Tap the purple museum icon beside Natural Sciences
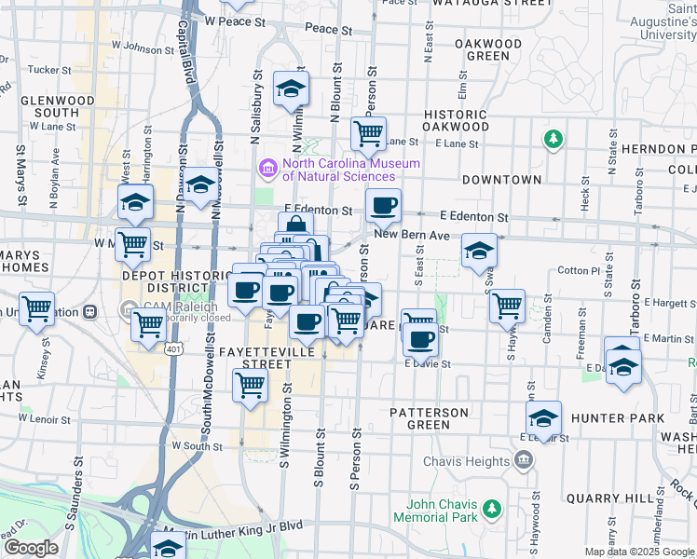pos(267,169)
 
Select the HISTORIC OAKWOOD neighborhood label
pos(456,120)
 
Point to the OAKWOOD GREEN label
pos(488,49)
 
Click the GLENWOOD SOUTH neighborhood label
pos(56,106)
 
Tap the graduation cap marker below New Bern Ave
pos(480,251)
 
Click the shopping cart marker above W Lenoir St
pos(250,384)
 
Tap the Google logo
pos(31,549)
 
